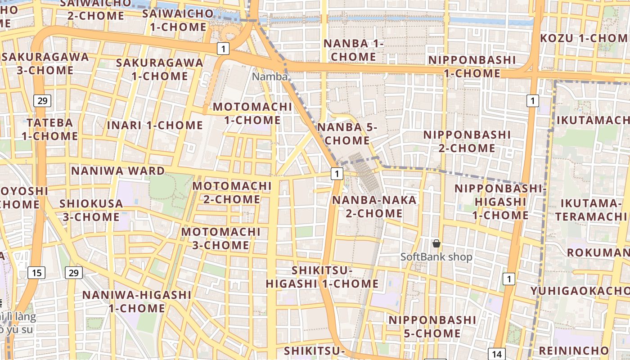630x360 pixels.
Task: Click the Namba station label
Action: (269, 76)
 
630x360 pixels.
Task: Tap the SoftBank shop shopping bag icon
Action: (436, 244)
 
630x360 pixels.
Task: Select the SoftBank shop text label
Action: (436, 257)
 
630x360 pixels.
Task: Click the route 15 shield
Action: (36, 272)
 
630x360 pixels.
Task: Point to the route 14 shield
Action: (496, 354)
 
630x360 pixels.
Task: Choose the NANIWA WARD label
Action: (118, 171)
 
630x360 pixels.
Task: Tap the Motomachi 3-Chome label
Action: (220, 238)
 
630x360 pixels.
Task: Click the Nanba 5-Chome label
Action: (347, 134)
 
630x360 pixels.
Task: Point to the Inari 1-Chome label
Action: (155, 125)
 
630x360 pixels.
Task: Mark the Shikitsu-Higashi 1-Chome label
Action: (322, 277)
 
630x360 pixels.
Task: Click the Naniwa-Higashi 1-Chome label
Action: (137, 301)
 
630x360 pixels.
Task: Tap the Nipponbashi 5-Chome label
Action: (432, 326)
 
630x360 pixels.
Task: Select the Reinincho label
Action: (573, 350)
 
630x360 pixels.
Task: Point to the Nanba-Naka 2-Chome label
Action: (374, 206)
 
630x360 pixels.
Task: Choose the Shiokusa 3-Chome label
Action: (91, 210)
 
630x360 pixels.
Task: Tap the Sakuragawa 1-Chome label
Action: (160, 69)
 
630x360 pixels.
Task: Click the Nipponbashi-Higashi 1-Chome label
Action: (500, 202)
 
